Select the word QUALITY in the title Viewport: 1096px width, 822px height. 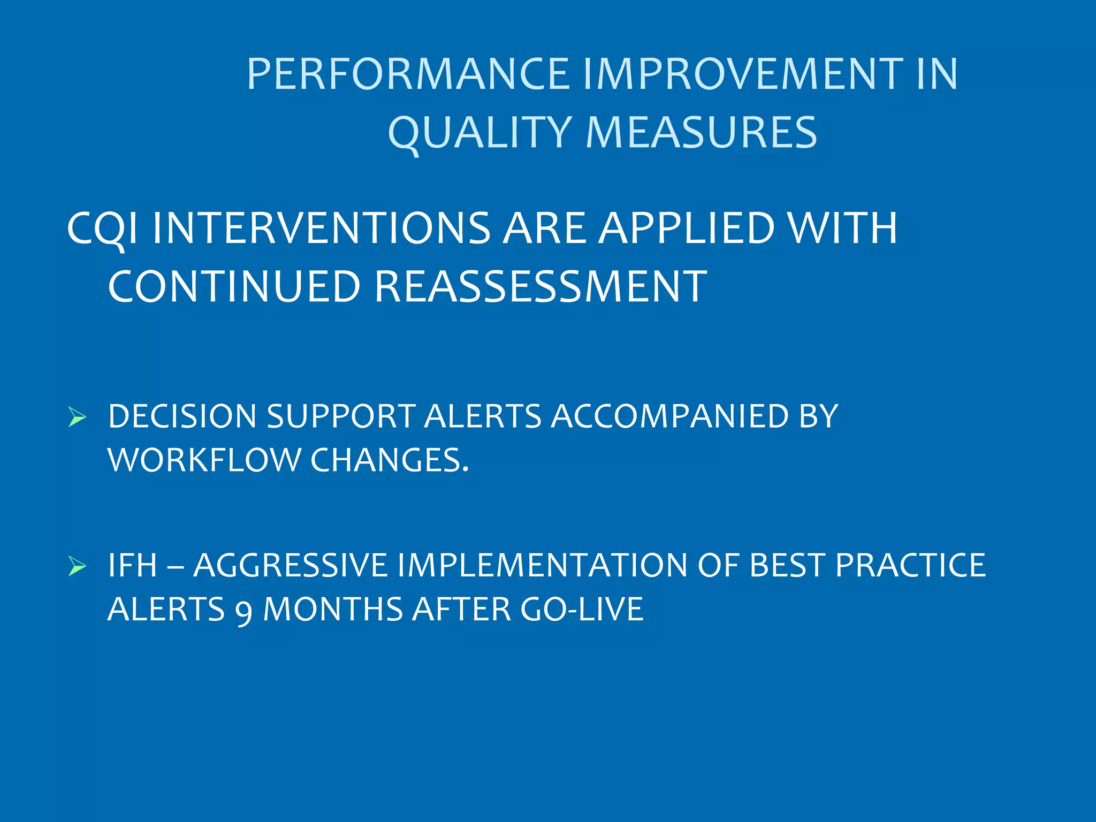pos(480,133)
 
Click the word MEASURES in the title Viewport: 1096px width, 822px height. pos(701,133)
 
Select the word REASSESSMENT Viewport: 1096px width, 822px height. pos(541,287)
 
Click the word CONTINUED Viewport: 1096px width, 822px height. pos(234,287)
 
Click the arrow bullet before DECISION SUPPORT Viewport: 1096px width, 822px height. pos(77,417)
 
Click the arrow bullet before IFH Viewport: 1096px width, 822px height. pos(77,566)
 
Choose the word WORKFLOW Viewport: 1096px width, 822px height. pos(204,460)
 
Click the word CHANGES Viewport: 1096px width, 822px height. pos(389,460)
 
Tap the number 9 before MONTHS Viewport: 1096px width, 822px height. pos(243,611)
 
